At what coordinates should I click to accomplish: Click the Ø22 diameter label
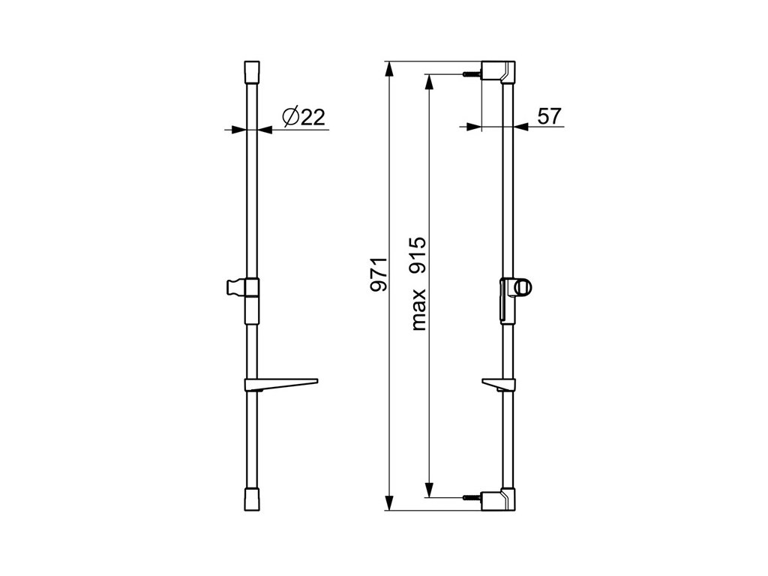tap(304, 117)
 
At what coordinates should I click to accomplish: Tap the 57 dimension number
tap(549, 116)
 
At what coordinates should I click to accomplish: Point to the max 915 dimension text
tap(418, 283)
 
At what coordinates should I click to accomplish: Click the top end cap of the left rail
tap(252, 73)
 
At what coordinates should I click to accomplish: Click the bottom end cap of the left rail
tap(252, 499)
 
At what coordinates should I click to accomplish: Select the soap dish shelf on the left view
tap(280, 385)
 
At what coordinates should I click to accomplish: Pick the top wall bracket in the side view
tap(499, 73)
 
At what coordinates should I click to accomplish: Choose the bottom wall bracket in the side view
tap(499, 499)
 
